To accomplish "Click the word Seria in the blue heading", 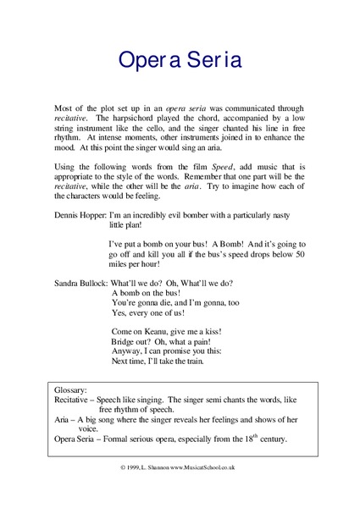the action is (x=210, y=60).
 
